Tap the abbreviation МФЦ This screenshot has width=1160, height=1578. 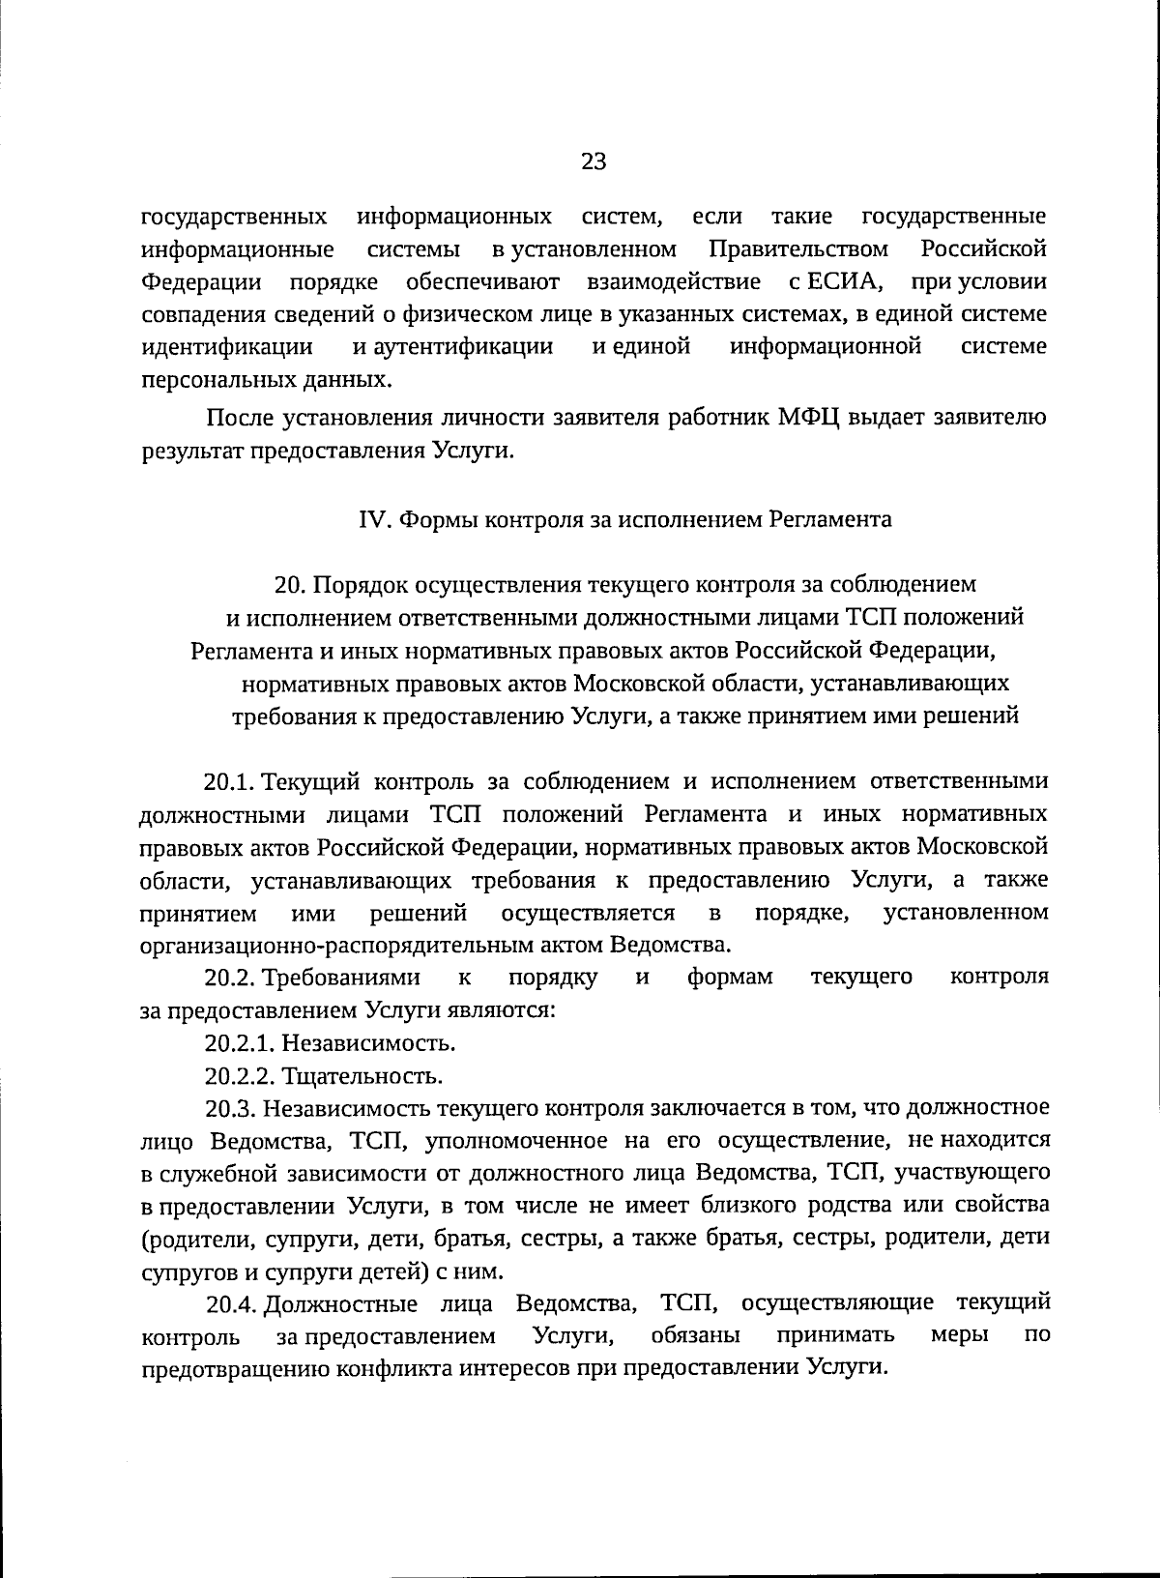pos(808,418)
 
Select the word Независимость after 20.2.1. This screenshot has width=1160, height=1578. pos(368,1043)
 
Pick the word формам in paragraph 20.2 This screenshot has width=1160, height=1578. pos(731,978)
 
